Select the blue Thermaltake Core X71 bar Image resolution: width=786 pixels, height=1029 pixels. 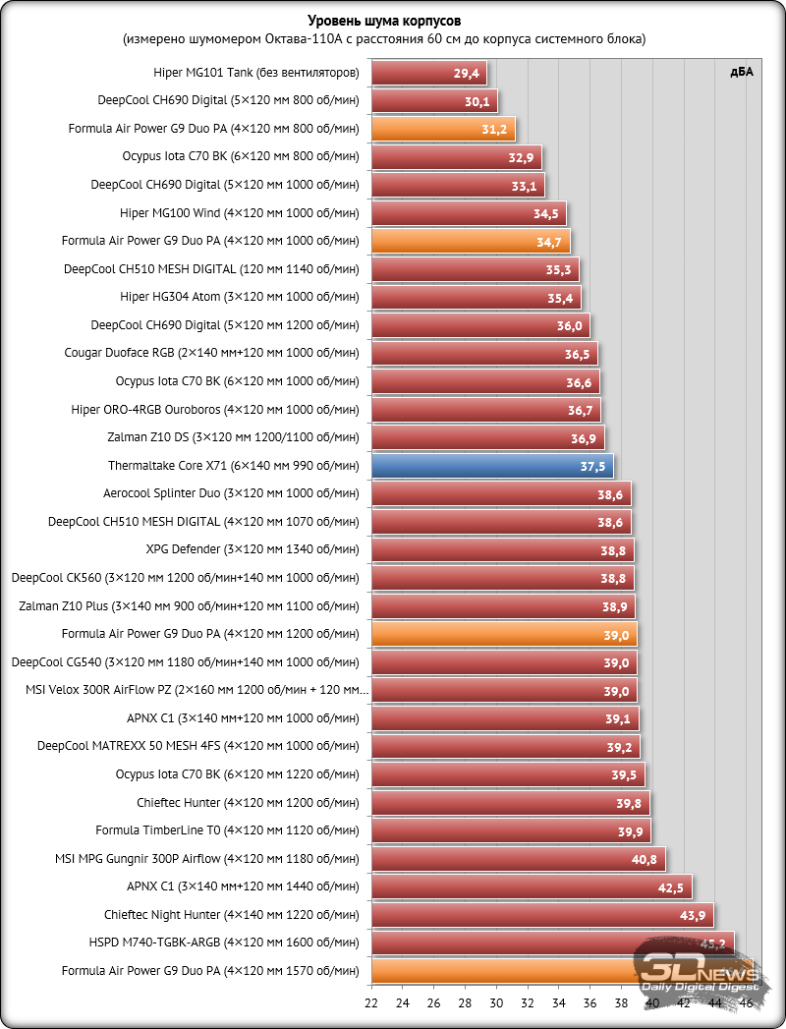pyautogui.click(x=491, y=466)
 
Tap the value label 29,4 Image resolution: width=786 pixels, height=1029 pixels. pyautogui.click(x=467, y=73)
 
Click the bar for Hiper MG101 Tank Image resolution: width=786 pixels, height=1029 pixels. pyautogui.click(x=428, y=73)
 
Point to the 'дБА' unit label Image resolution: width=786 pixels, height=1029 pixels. pyautogui.click(x=741, y=71)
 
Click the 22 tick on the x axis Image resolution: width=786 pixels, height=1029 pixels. pyautogui.click(x=371, y=1003)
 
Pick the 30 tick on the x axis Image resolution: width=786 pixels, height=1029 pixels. pyautogui.click(x=496, y=1003)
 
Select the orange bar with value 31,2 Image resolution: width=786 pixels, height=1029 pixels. pyautogui.click(x=442, y=129)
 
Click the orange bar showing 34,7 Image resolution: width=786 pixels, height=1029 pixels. pyautogui.click(x=470, y=241)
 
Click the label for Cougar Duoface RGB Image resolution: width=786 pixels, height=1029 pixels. pyautogui.click(x=212, y=353)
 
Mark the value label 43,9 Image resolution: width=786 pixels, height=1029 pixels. pyautogui.click(x=694, y=915)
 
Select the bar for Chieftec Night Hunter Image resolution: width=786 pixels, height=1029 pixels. pyautogui.click(x=541, y=915)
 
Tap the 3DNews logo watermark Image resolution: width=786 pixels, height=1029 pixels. pyautogui.click(x=701, y=968)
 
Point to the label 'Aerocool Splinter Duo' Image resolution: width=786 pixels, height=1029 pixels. pyautogui.click(x=232, y=493)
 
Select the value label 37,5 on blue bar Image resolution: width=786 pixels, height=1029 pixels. pyautogui.click(x=593, y=466)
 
